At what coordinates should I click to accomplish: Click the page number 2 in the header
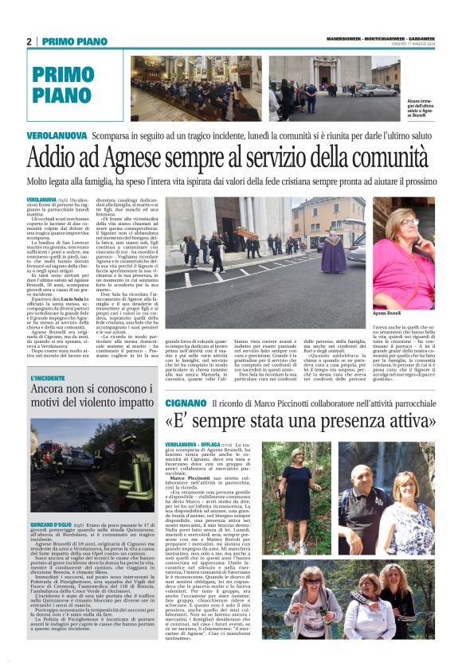click(29, 41)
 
